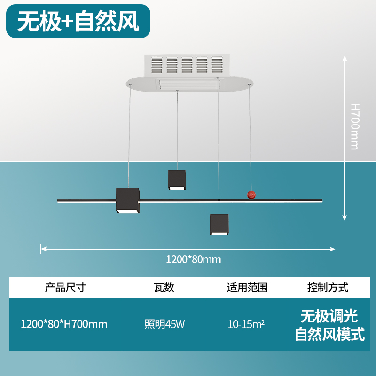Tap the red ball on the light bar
[252, 195]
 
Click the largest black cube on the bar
[128, 201]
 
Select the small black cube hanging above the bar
[177, 180]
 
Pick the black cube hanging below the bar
[219, 225]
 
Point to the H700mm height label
[355, 126]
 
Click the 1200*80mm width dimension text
[193, 259]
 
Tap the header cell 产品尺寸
[65, 287]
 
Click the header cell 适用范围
[247, 287]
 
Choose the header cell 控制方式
[328, 287]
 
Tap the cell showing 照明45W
[164, 324]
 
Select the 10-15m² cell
[246, 324]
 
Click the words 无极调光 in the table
[329, 314]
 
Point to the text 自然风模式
[329, 335]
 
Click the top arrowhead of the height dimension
[345, 58]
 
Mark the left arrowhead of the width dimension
[43, 248]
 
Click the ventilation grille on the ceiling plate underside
[189, 85]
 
